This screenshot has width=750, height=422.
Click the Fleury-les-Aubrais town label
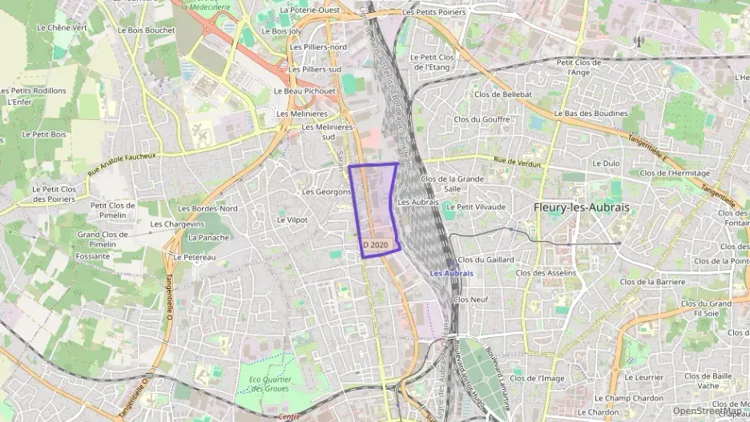coord(582,207)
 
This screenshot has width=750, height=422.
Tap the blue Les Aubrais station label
coord(451,273)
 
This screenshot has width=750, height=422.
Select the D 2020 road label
coord(375,244)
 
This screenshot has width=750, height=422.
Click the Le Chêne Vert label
coord(62,27)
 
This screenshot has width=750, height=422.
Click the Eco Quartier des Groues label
coord(268,384)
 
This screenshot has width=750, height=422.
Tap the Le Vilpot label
coord(292,219)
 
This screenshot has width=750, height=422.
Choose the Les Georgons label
coord(326,192)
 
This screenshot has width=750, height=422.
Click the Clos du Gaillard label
coord(484,259)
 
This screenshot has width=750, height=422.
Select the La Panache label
coord(208,237)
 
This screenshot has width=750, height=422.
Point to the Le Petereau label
coord(194,257)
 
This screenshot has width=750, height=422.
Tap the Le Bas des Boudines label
coord(591,114)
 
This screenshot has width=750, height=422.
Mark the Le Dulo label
coord(606,163)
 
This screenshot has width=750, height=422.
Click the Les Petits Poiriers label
coord(435,12)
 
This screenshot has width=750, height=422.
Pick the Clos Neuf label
coord(470,299)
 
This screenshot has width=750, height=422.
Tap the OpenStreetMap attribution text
coord(707,410)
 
